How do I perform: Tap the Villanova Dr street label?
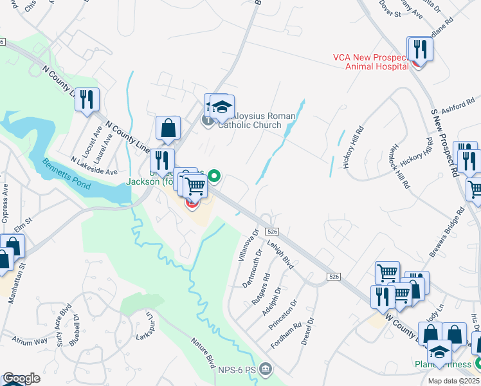click(248, 245)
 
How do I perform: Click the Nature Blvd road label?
click(201, 354)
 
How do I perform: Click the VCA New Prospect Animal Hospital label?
click(370, 61)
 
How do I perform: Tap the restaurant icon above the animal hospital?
click(420, 49)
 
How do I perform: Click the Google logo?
click(21, 378)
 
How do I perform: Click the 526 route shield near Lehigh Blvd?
click(273, 231)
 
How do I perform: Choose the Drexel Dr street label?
click(307, 330)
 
